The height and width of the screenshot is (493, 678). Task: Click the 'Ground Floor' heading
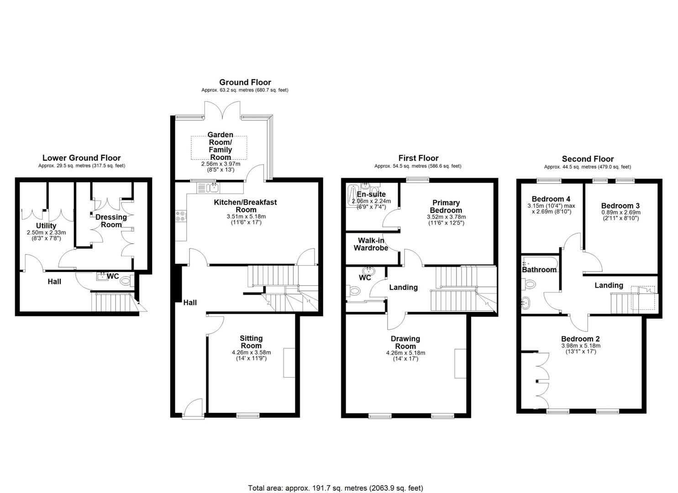245,82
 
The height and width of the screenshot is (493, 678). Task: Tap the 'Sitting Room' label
251,342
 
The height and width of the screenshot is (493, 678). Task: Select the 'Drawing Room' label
405,342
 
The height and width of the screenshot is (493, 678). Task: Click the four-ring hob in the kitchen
181,216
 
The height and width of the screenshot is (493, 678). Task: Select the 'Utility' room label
46,226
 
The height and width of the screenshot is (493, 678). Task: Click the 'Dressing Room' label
111,221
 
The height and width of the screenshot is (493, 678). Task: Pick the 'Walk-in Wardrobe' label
371,244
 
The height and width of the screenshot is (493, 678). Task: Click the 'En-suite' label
371,194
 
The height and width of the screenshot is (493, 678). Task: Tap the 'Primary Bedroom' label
446,206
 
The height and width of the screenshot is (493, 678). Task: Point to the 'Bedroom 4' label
551,199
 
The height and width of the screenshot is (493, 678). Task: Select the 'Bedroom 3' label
620,206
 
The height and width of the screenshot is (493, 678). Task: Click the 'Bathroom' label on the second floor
539,270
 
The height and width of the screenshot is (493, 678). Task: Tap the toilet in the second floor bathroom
530,284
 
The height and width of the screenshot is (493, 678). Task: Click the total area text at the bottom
336,471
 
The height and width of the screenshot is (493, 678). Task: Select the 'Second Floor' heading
588,159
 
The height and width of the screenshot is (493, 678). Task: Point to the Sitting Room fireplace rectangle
289,362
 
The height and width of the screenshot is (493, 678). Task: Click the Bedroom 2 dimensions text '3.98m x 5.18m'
581,346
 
